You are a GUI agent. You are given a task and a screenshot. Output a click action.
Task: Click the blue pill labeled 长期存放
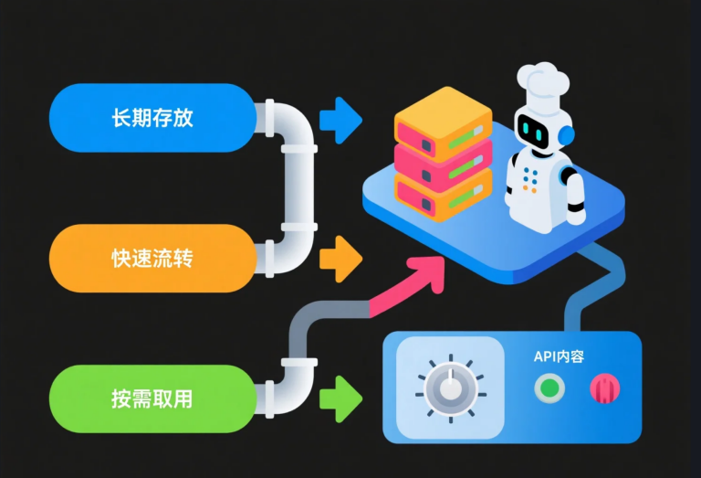coord(151,118)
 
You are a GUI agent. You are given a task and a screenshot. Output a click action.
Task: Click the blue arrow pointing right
coord(340,120)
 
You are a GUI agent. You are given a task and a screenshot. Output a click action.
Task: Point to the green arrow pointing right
coord(340,398)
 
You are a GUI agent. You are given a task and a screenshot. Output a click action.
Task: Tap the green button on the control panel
coord(549,388)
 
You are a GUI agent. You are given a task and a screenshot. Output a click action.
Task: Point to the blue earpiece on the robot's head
coord(566,136)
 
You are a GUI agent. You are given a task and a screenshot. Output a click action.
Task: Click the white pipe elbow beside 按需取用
coord(285,384)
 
